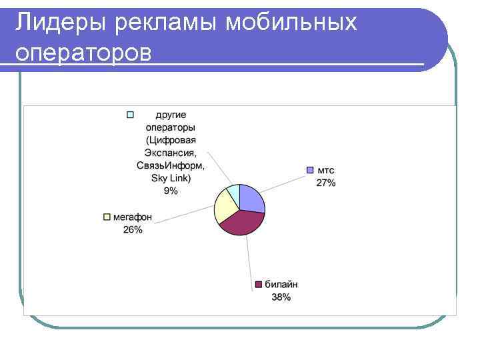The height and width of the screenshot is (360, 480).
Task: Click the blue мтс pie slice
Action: tap(252, 198)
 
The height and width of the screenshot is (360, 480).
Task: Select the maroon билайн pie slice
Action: tap(243, 222)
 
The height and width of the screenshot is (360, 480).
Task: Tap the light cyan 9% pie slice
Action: tap(233, 194)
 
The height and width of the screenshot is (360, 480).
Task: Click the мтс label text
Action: tap(326, 171)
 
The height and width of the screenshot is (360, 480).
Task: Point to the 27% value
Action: tap(326, 183)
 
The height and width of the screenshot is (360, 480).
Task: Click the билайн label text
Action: tap(281, 285)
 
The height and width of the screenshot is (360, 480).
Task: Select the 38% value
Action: tap(281, 297)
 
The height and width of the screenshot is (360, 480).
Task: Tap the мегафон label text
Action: tap(133, 217)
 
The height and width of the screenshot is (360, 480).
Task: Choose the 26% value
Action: tap(133, 229)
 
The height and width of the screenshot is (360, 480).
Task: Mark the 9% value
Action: tap(171, 191)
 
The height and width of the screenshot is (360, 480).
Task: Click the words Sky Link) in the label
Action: tap(171, 178)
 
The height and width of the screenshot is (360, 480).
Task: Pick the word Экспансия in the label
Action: tap(171, 153)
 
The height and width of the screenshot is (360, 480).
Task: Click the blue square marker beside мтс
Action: tap(310, 171)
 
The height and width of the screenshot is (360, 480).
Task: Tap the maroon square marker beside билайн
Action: tap(258, 285)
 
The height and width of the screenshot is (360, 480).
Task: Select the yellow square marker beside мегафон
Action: tap(107, 217)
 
